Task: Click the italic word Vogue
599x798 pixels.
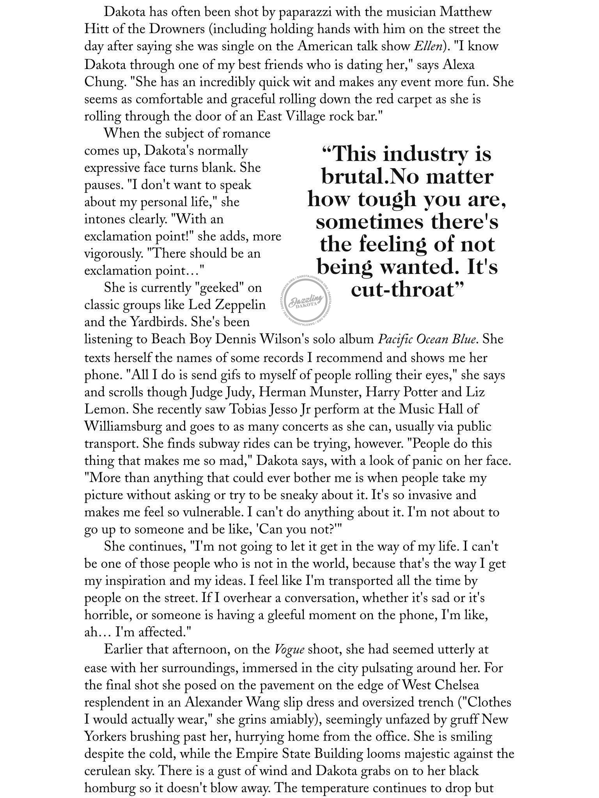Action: coord(289,650)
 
